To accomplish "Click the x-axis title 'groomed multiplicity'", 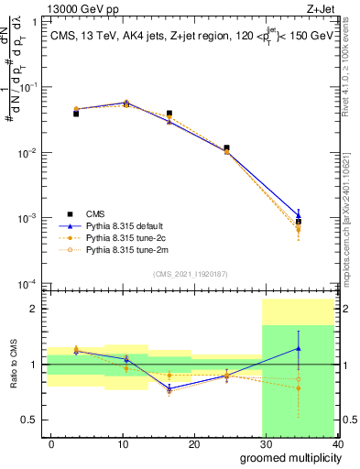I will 287,457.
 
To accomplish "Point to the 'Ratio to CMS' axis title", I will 11,366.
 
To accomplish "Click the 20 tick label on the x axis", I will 194,444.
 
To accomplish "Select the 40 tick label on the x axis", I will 336,444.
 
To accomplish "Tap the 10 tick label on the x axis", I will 123,444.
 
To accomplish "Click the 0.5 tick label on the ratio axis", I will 31,420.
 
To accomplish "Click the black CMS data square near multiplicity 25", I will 226,147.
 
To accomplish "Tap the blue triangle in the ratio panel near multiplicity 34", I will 299,348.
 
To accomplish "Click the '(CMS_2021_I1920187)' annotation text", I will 191,273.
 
